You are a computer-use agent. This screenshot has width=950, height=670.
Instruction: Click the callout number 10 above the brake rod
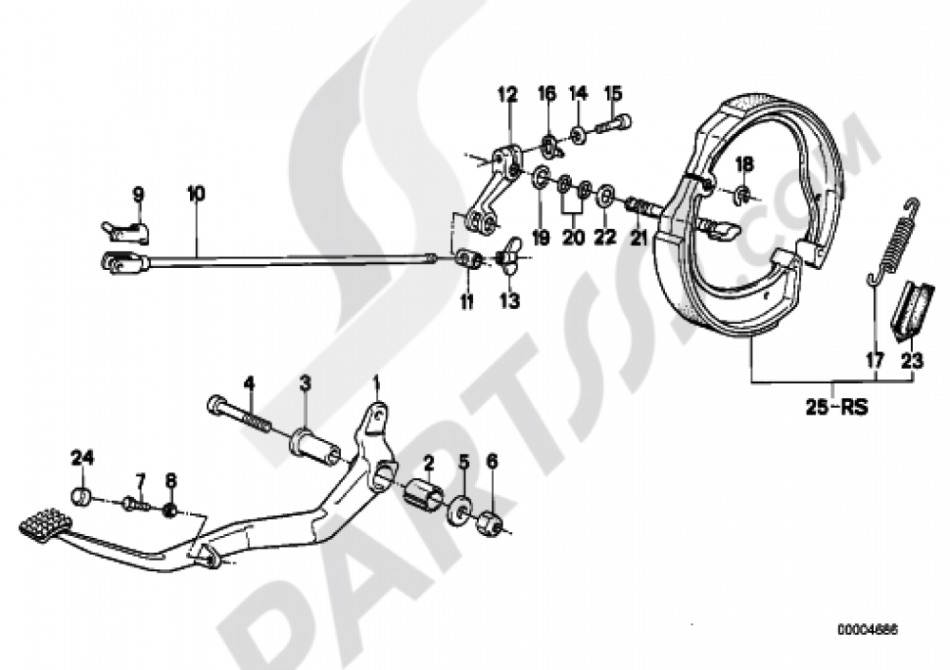(x=195, y=194)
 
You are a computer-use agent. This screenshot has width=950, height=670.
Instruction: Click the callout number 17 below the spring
(x=874, y=360)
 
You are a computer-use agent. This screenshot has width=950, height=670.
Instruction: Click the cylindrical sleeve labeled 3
(x=314, y=444)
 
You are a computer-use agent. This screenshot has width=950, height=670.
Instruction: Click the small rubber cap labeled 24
(x=83, y=495)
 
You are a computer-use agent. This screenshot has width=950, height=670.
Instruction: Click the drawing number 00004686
(x=866, y=629)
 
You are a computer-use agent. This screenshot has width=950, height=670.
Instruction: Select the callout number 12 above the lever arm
(x=506, y=94)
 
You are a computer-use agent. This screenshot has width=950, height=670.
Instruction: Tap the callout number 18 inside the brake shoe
(x=744, y=164)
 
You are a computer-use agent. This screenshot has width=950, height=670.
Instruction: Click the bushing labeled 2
(x=422, y=496)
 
